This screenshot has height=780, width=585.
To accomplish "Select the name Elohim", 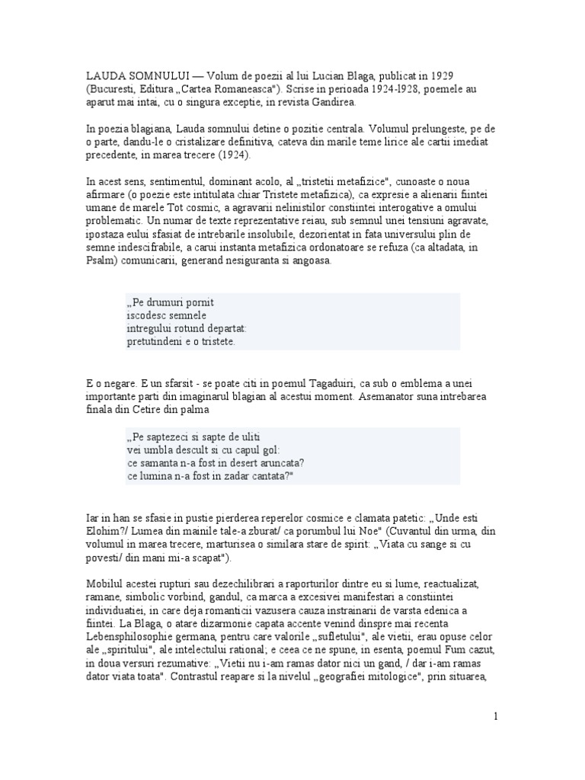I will [105, 531].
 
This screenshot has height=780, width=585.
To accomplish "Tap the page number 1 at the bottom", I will [495, 717].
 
